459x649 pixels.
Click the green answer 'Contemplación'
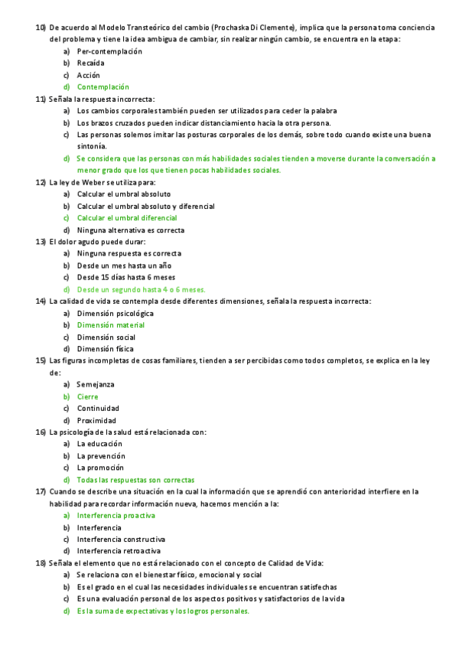(x=103, y=87)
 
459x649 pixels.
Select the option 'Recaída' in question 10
(x=90, y=63)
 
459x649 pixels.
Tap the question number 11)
(x=41, y=99)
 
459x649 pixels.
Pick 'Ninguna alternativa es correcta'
(x=130, y=230)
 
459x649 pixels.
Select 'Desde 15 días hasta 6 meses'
(x=126, y=277)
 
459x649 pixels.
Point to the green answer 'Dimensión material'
(x=110, y=325)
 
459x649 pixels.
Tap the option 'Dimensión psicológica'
(x=115, y=313)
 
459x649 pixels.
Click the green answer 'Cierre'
(x=87, y=396)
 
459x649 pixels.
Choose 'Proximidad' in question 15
(x=96, y=420)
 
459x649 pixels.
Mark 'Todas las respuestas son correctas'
(x=135, y=480)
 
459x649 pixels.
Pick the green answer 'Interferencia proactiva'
(x=116, y=516)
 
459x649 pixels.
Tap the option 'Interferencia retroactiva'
(x=119, y=551)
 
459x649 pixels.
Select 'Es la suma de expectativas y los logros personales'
(x=162, y=611)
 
